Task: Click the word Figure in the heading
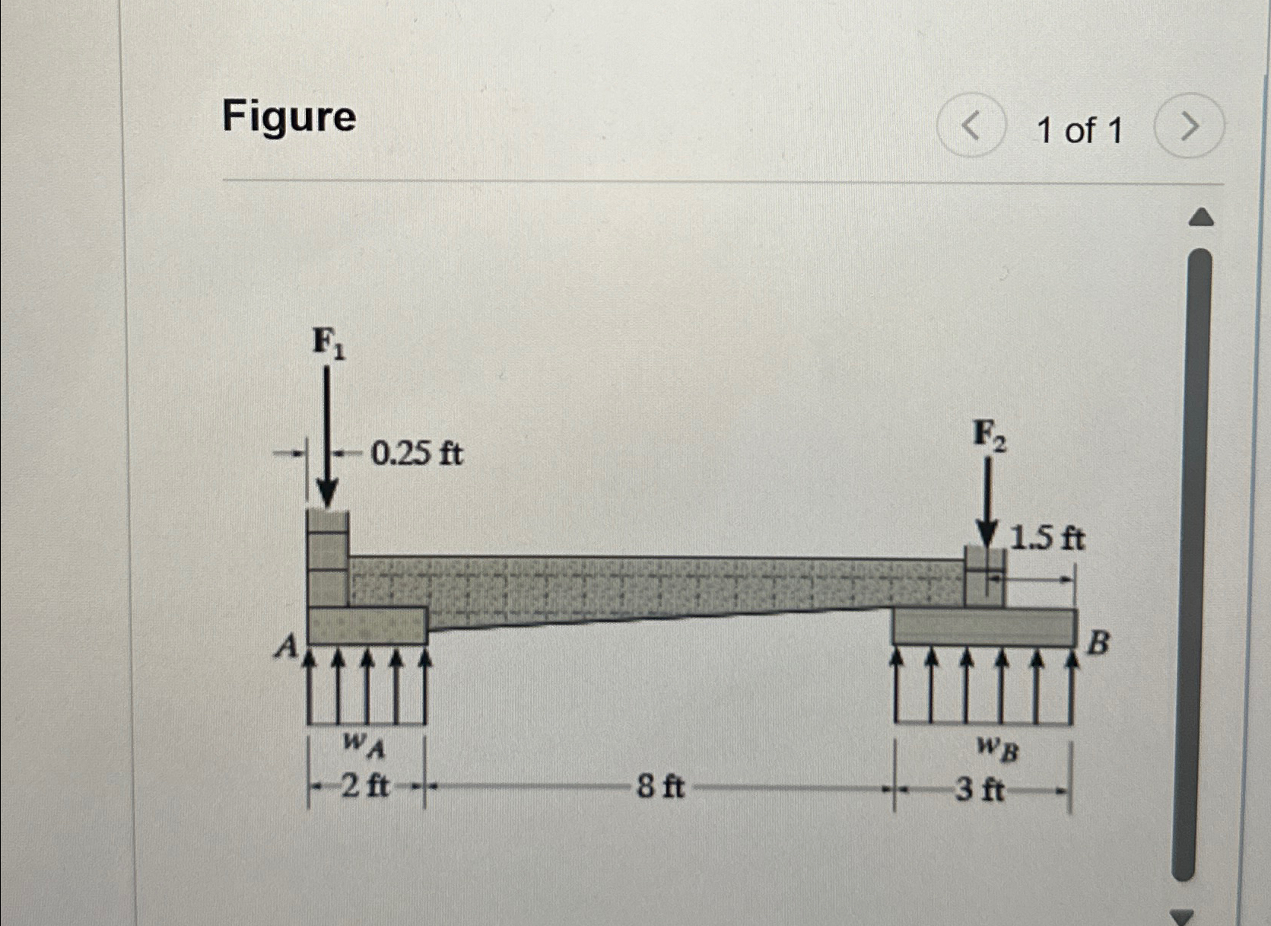tap(288, 116)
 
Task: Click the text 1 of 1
tap(1079, 131)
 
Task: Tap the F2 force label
tap(989, 436)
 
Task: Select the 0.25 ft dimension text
tap(416, 454)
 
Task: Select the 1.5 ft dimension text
tap(1047, 539)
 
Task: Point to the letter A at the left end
tap(287, 647)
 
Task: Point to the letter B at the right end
tap(1098, 643)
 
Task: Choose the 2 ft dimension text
tap(364, 786)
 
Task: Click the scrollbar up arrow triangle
tap(1200, 218)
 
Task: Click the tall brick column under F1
tap(327, 559)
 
